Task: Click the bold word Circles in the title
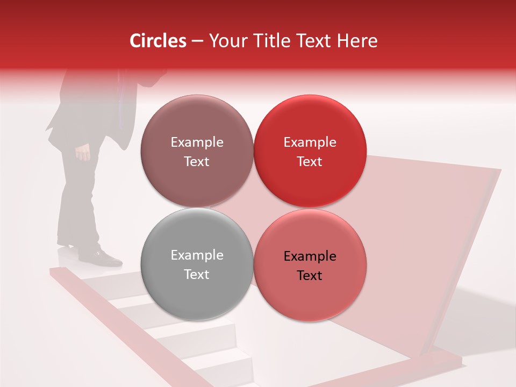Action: click(157, 41)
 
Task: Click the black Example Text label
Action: click(310, 266)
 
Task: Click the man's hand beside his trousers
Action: click(83, 153)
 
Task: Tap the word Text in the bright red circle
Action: click(310, 161)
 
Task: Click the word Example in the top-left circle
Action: click(197, 142)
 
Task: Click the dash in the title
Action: click(197, 41)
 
